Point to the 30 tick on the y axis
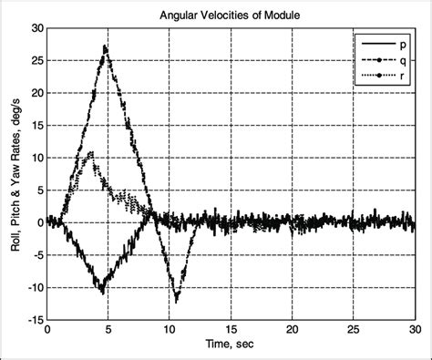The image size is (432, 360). click(x=35, y=28)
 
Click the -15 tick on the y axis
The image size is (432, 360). click(x=33, y=320)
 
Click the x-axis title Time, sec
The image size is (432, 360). click(x=231, y=349)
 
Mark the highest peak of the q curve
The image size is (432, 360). click(x=106, y=46)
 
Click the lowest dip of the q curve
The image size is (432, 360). click(x=177, y=299)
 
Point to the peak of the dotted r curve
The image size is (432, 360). click(x=90, y=152)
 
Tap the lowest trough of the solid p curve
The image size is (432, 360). click(x=102, y=293)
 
